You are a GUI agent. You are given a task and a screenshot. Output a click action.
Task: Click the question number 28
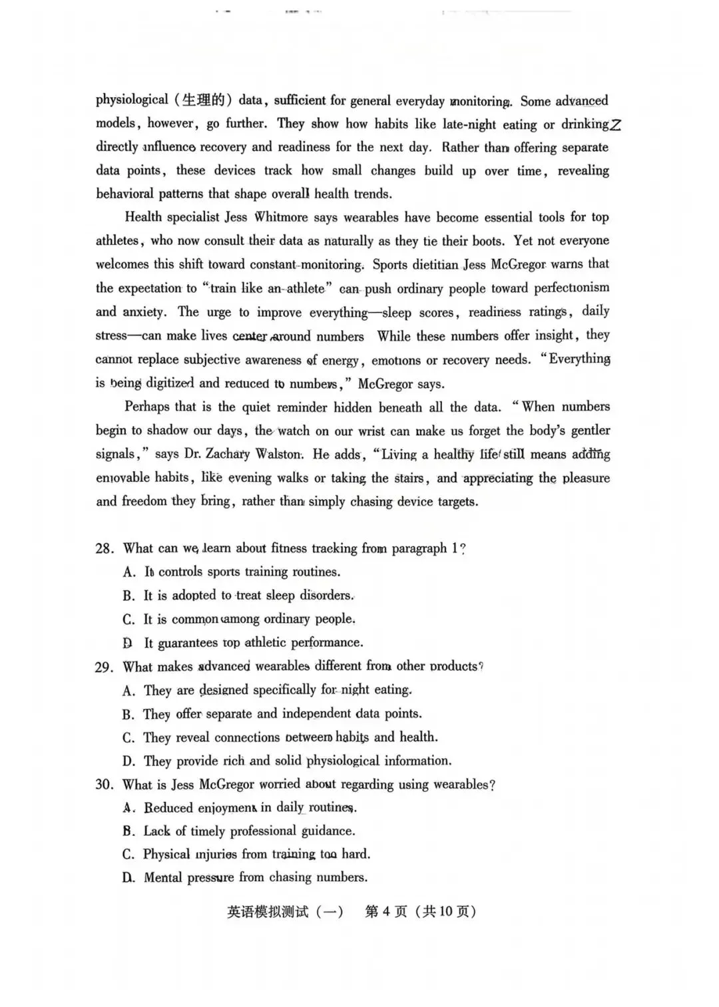pos(105,548)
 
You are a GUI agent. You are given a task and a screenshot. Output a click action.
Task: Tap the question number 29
pos(105,667)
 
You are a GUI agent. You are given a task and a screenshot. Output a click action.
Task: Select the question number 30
pos(105,785)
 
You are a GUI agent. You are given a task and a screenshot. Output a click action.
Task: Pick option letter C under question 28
pos(128,620)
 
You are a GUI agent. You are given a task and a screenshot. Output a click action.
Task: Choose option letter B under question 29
pos(128,714)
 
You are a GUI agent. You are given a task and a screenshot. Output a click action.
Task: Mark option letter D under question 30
pos(128,878)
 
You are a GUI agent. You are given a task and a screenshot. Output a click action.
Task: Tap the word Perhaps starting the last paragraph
pos(146,407)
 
